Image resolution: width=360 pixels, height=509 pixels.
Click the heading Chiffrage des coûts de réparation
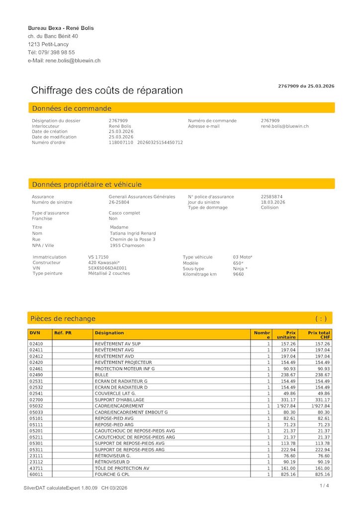pyautogui.click(x=107, y=90)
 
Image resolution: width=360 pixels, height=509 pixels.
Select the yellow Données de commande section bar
pyautogui.click(x=181, y=108)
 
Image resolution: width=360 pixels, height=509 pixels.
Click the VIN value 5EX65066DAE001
pyautogui.click(x=107, y=268)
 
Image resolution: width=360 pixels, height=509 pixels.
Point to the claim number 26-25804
pyautogui.click(x=119, y=202)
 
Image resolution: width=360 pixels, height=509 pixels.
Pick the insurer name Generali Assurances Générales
pyautogui.click(x=142, y=197)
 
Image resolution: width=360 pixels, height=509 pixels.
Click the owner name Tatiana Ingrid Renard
pyautogui.click(x=133, y=233)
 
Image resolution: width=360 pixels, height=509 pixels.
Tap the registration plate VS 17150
pyautogui.click(x=98, y=257)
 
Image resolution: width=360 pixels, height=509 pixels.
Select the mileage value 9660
pyautogui.click(x=238, y=274)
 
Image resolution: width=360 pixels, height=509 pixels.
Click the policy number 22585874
pyautogui.click(x=271, y=197)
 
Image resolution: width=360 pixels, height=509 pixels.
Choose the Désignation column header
pyautogui.click(x=109, y=333)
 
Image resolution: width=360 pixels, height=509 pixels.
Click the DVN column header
pyautogui.click(x=34, y=333)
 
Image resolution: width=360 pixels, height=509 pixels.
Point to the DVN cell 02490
pyautogui.click(x=36, y=375)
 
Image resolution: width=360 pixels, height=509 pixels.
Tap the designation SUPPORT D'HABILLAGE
pyautogui.click(x=119, y=400)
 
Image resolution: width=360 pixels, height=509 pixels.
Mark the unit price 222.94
pyautogui.click(x=288, y=449)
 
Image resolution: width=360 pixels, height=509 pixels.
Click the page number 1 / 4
pyautogui.click(x=324, y=486)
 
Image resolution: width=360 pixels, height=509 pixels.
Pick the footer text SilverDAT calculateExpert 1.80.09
pyautogui.click(x=61, y=488)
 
